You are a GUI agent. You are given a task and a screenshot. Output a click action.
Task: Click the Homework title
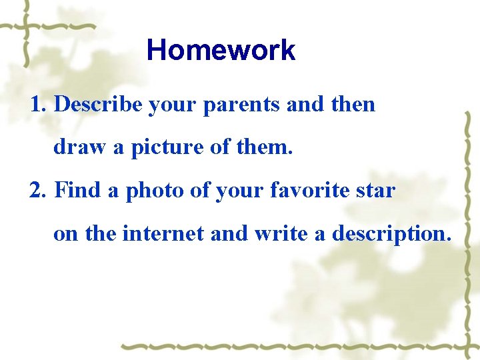[221, 50]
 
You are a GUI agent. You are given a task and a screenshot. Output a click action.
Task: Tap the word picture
[167, 147]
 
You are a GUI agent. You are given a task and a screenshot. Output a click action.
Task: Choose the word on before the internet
[65, 235]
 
